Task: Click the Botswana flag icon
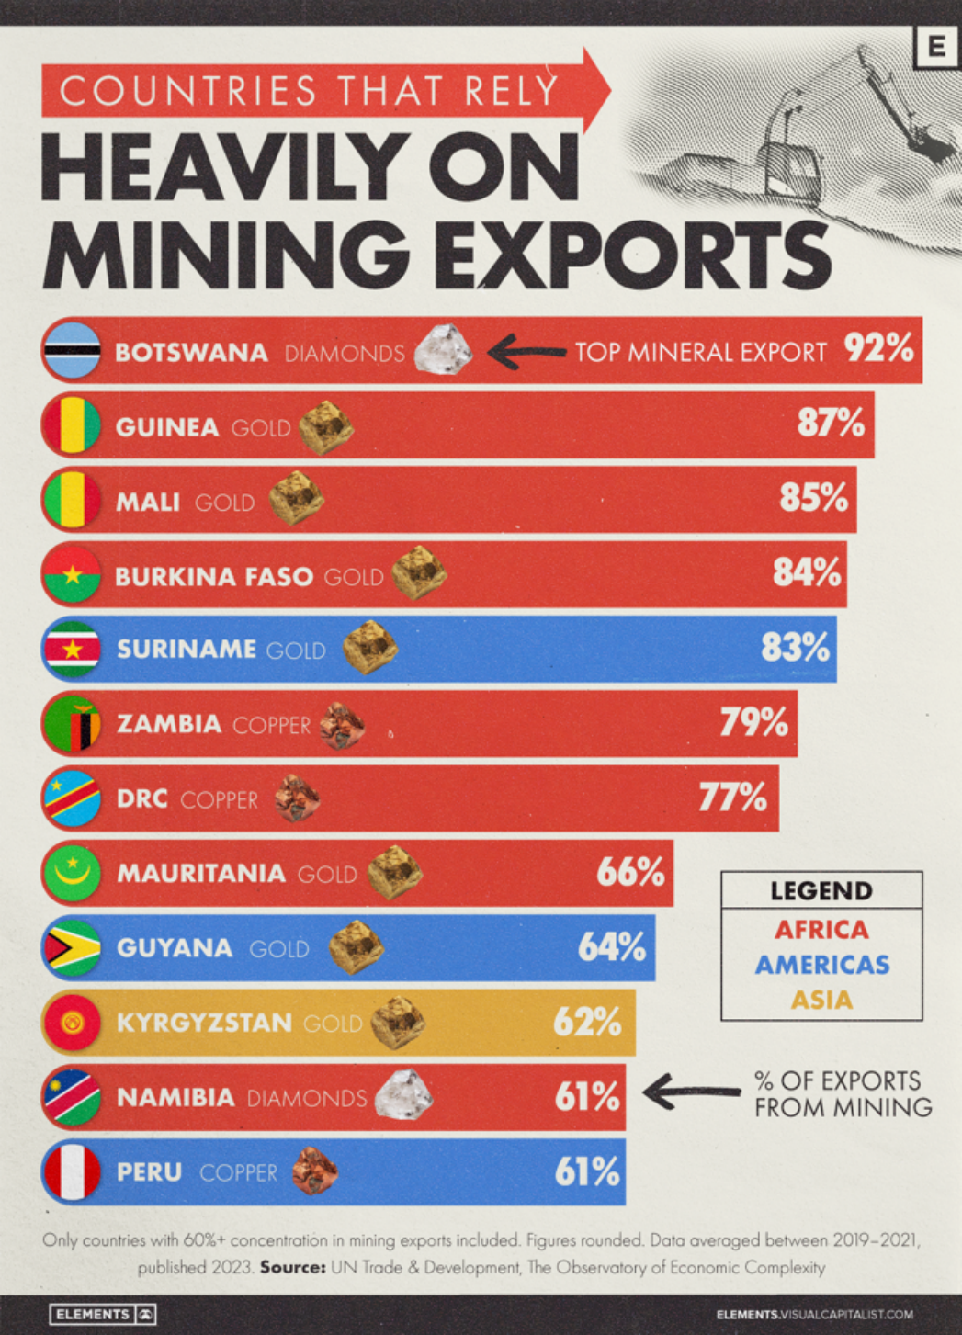coord(72,351)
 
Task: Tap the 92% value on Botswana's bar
coord(878,348)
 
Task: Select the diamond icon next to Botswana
coord(443,350)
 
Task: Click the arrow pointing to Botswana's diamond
coord(526,351)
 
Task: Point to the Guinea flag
coord(72,425)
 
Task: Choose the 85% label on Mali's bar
coord(813,497)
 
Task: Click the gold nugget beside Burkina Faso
coord(419,572)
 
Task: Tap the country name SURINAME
coord(187,649)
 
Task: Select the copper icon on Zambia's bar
coord(342,725)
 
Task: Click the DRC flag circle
coord(72,798)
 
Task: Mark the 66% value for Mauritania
coord(630,872)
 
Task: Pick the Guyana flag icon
coord(72,947)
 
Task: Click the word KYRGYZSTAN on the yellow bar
coord(204,1023)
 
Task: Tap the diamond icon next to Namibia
coord(403,1095)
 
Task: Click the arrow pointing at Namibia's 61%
coord(691,1092)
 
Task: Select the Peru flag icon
coord(72,1171)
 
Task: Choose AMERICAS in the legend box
coord(821,965)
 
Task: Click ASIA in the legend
coord(821,1000)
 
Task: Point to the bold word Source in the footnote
coord(292,1267)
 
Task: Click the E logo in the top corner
coord(936,46)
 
